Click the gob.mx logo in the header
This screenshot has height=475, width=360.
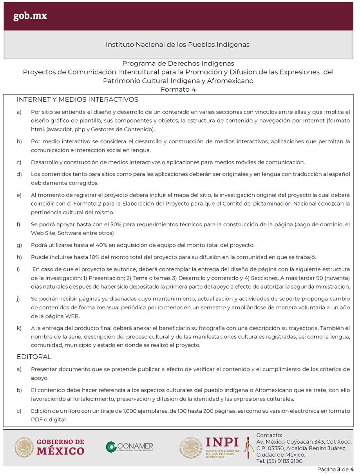(x=30, y=16)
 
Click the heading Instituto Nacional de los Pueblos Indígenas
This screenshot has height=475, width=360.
(x=177, y=45)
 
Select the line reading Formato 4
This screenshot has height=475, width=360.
(x=178, y=89)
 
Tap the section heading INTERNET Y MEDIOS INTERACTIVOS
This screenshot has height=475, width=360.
(x=77, y=100)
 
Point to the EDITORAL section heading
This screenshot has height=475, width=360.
(x=34, y=357)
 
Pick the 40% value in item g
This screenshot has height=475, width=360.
(x=107, y=245)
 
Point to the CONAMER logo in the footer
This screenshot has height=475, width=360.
(x=130, y=447)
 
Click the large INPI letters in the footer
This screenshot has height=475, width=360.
(x=222, y=442)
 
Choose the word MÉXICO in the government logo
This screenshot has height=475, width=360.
(x=61, y=451)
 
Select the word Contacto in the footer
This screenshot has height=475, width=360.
(x=269, y=435)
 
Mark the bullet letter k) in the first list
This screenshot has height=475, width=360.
(x=19, y=328)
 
